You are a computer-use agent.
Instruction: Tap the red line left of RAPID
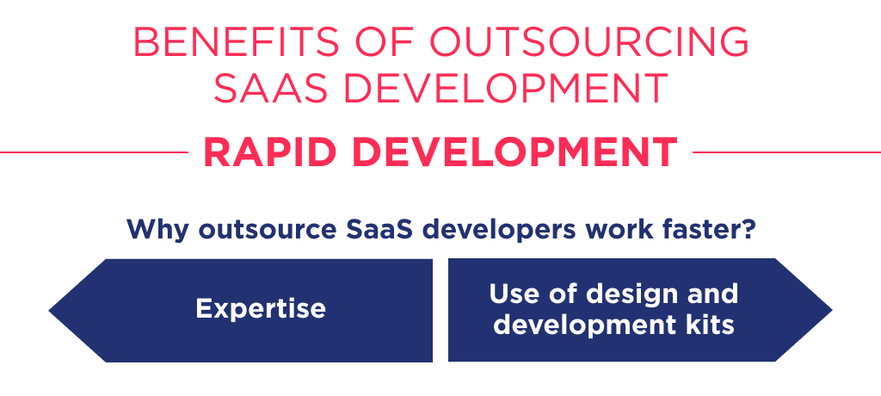coord(95,152)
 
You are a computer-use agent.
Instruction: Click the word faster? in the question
coord(712,230)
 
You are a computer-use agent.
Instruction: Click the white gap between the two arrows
coord(440,310)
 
